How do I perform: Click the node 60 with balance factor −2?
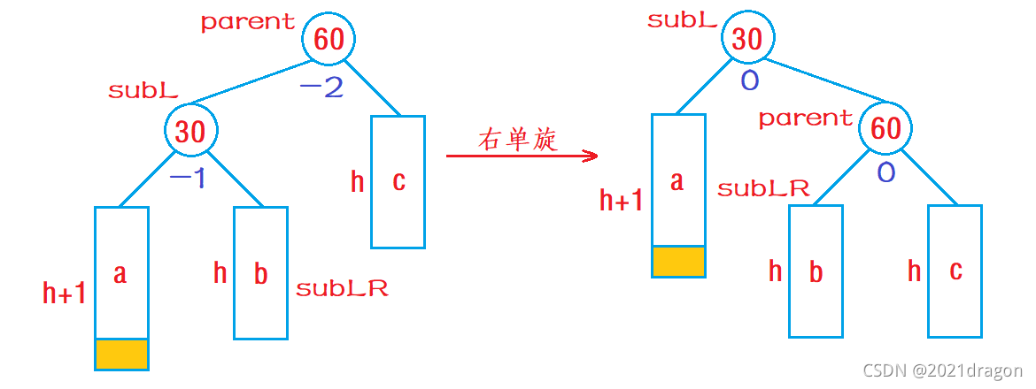coord(329,39)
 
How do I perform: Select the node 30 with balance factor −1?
coord(190,132)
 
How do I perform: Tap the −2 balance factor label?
coord(321,88)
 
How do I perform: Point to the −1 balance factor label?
coord(187,179)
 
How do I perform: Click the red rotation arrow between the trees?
coord(522,156)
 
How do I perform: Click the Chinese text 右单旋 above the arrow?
coord(518,140)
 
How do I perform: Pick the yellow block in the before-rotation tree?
coord(120,354)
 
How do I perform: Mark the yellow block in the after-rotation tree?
coord(678,261)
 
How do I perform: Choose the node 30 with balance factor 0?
coord(747,39)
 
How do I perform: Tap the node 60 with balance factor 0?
coord(886,129)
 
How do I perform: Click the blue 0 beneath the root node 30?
coord(749,81)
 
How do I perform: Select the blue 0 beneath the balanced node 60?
coord(885,172)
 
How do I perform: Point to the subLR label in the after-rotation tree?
coord(763,188)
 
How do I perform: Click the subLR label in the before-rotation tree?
coord(342,288)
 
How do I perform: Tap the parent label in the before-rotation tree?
coord(248,22)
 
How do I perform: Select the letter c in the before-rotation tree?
coord(398,181)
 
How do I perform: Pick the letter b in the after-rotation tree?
coord(816,271)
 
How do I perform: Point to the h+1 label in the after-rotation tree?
coord(622,202)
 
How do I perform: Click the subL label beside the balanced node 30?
coord(682,20)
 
